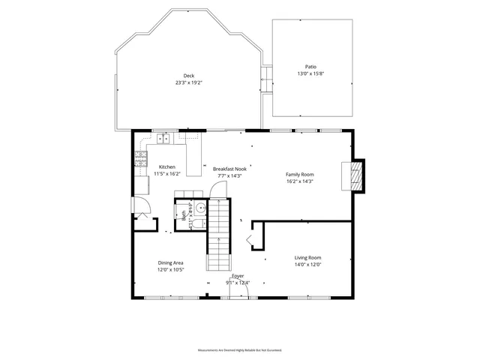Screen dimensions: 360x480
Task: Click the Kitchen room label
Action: (167, 166)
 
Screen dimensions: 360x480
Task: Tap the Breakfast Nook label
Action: (229, 169)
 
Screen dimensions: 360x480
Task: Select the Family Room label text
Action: (299, 174)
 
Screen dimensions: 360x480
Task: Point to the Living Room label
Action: (307, 257)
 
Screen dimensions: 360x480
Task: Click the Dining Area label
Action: (170, 262)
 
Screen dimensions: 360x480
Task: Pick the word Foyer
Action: (238, 276)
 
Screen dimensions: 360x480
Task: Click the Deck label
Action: (188, 75)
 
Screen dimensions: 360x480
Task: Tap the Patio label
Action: (310, 67)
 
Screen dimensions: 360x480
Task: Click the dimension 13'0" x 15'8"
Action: (310, 73)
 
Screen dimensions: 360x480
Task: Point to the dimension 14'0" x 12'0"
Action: (307, 264)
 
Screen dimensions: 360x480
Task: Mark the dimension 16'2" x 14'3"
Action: (299, 181)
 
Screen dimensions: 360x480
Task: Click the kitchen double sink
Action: (163, 138)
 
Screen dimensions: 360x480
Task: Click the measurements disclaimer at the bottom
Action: (239, 350)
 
